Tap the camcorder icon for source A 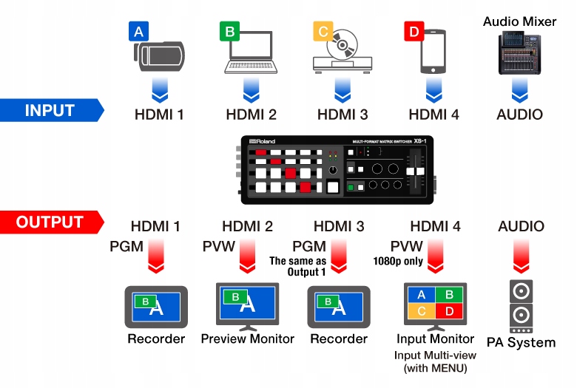pyautogui.click(x=158, y=56)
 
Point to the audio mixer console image pyautogui.click(x=519, y=52)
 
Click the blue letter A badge pyautogui.click(x=138, y=31)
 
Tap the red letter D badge pyautogui.click(x=414, y=31)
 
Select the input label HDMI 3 pyautogui.click(x=341, y=115)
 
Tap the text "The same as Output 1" pyautogui.click(x=297, y=266)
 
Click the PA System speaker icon pyautogui.click(x=521, y=307)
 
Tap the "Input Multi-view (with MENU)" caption pyautogui.click(x=436, y=360)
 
